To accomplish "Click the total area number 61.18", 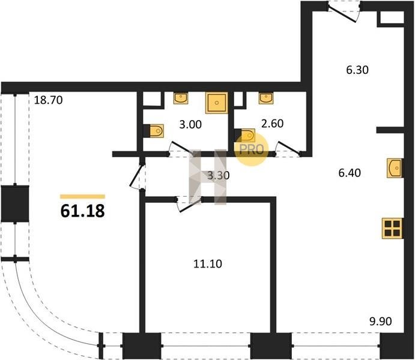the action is [82, 211].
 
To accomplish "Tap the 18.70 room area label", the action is [49, 100].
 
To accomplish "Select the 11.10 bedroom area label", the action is [208, 264].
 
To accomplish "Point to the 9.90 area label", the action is [381, 322].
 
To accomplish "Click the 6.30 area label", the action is [357, 70].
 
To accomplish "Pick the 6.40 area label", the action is [350, 173].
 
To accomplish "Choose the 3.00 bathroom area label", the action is [190, 124].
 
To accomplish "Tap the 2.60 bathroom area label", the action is [272, 124].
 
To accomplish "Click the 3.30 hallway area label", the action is [219, 175].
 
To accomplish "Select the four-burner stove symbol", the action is [393, 229].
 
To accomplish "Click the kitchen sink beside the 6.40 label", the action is [395, 168].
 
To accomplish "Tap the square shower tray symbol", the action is [217, 103].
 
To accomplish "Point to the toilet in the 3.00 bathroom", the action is [156, 131].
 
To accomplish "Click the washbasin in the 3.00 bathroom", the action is [181, 98].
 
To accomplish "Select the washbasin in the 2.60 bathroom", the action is [266, 98].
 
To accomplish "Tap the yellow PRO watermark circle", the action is [252, 149].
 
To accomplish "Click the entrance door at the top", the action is [344, 12].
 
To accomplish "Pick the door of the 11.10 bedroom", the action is [189, 203].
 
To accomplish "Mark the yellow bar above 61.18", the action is [82, 196].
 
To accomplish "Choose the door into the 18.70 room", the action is [138, 176].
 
